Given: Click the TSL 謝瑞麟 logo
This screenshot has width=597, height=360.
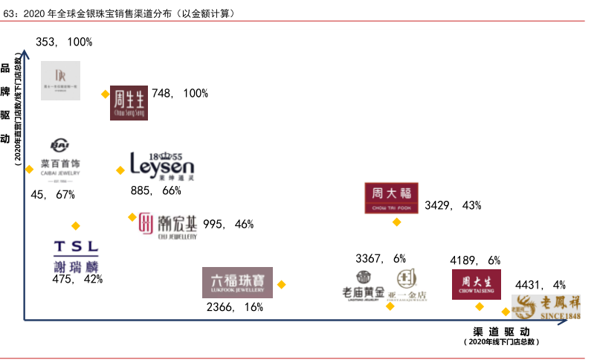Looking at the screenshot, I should pos(76,256).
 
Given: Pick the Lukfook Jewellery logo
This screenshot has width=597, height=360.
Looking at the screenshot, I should pos(237,283).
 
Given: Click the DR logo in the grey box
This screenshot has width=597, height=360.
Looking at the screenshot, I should pos(61,80).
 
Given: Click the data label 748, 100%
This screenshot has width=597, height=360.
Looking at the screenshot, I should pos(180,94).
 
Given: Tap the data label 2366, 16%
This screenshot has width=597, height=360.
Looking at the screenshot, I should pos(235,306).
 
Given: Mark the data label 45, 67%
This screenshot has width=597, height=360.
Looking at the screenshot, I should pos(53,195).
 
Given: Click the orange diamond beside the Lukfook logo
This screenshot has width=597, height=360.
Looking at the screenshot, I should pos(281,284).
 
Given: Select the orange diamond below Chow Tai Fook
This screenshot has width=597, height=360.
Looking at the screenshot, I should pos(397,222).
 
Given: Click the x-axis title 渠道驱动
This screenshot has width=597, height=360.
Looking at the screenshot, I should pos(501,331).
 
